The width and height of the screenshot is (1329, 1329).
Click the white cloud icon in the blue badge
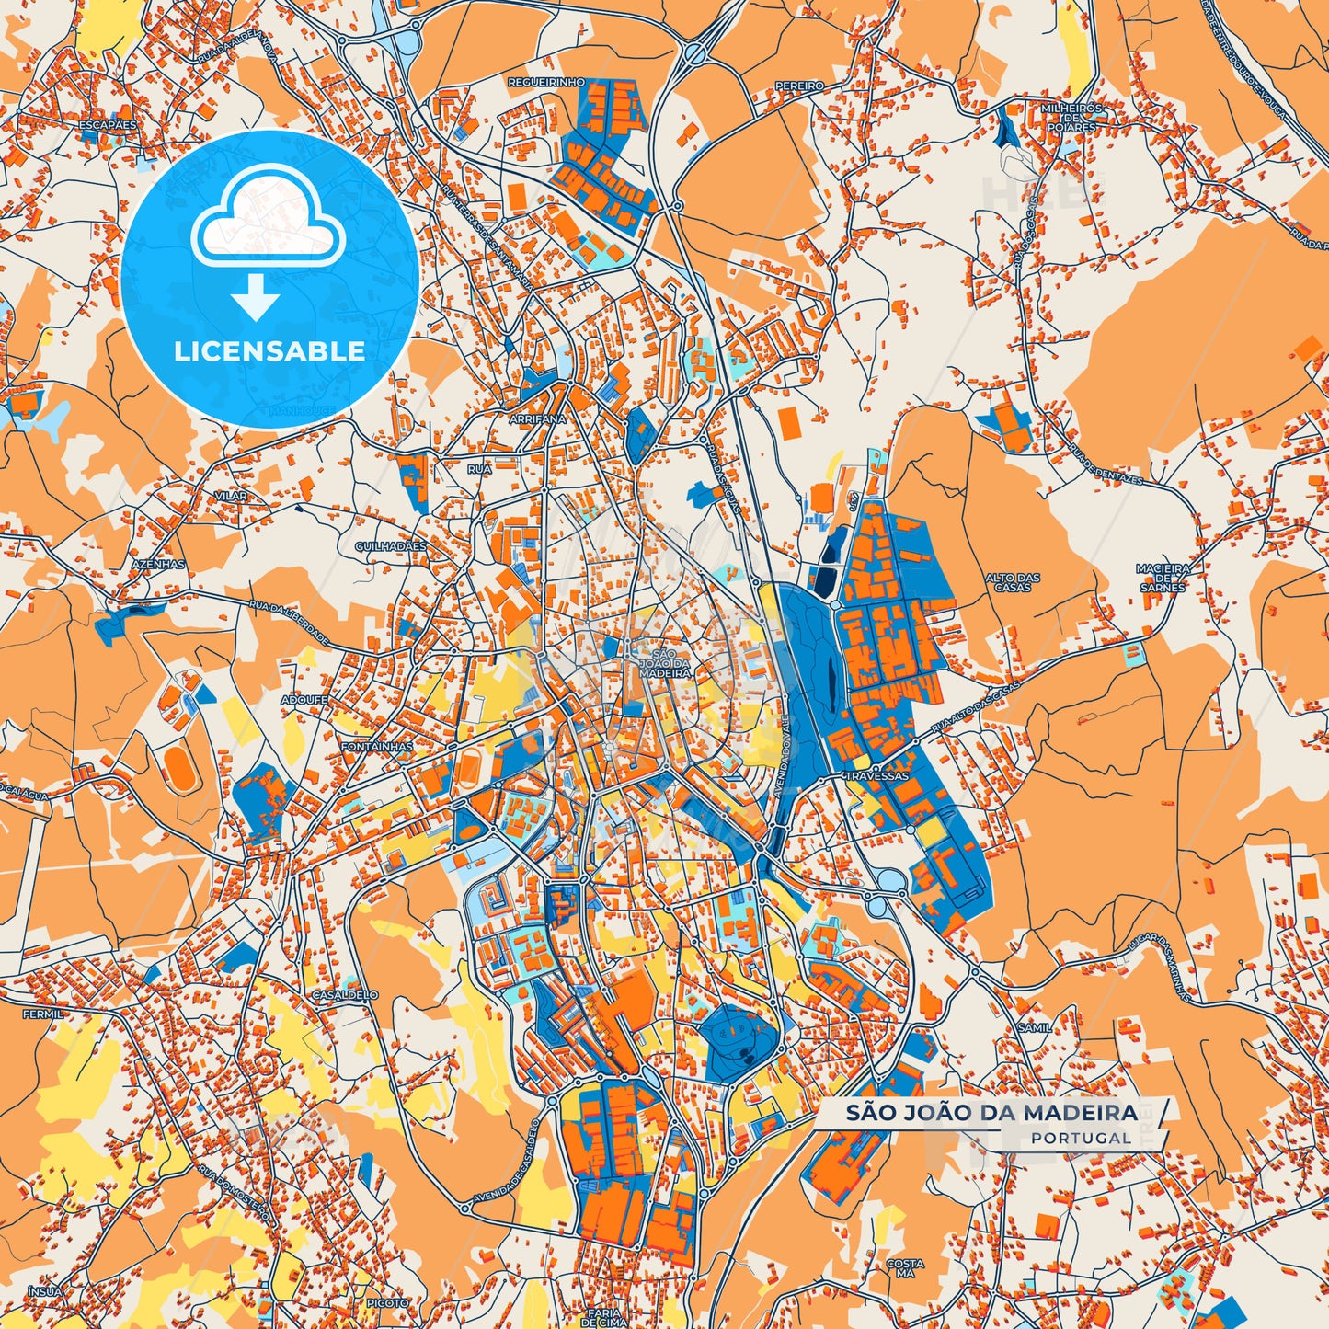(268, 221)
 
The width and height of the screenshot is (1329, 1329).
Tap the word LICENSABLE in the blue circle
(268, 350)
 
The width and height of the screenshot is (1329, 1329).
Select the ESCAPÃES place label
(108, 124)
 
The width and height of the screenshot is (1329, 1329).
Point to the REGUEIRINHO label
(546, 83)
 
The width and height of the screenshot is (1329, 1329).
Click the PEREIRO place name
(799, 86)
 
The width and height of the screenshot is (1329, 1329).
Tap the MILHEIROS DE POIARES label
(1071, 118)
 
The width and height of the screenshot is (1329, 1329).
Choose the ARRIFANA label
(537, 419)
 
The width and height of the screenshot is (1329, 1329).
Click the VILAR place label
(230, 496)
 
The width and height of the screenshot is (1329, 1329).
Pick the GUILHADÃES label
(391, 546)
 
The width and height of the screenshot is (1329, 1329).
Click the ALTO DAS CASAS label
(1013, 582)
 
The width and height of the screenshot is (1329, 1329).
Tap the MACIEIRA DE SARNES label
(1163, 578)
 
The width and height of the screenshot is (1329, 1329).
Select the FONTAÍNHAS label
(376, 747)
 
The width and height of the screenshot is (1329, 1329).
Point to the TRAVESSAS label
(877, 775)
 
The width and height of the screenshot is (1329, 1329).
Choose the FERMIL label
(42, 1014)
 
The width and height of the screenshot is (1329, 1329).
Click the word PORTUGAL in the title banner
(1081, 1138)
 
